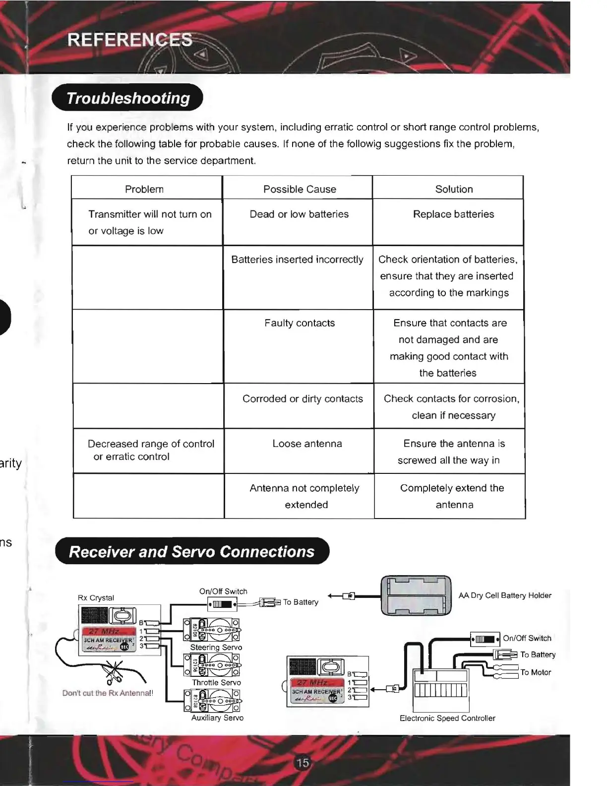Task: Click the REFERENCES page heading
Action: [x=129, y=39]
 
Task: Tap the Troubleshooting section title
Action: [x=128, y=98]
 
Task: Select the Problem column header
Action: [x=144, y=189]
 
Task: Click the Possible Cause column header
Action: [x=300, y=189]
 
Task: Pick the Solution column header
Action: [x=454, y=189]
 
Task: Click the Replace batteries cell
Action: [x=453, y=214]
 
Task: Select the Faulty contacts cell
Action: [x=300, y=323]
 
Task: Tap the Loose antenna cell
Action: [x=307, y=444]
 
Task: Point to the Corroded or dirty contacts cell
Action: [x=303, y=399]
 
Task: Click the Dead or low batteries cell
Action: [x=299, y=214]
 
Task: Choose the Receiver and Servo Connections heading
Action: [x=192, y=551]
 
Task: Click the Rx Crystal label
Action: [x=96, y=598]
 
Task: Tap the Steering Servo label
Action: [x=216, y=648]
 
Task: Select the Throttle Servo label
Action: [x=216, y=683]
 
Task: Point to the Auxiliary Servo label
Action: [x=217, y=718]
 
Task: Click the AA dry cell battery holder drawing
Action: [x=416, y=595]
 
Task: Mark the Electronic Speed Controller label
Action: [x=447, y=718]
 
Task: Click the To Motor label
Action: [x=536, y=672]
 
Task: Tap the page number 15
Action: [x=303, y=763]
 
